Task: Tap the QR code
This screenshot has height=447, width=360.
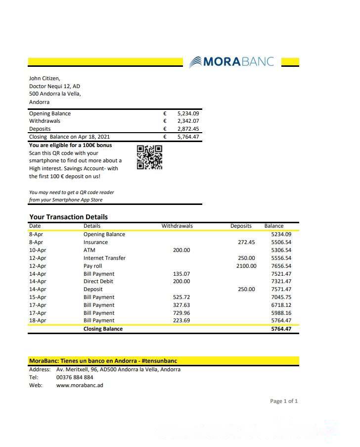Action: [149, 157]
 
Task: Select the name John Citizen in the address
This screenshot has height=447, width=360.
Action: [45, 78]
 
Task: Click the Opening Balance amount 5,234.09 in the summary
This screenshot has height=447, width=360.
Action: [188, 113]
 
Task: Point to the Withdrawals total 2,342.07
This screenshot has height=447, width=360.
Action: [188, 121]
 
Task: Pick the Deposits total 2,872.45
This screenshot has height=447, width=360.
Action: [188, 129]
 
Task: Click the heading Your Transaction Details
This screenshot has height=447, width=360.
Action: [68, 217]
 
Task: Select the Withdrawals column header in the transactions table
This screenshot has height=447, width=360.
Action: [177, 226]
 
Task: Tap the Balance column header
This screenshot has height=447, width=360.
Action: [274, 226]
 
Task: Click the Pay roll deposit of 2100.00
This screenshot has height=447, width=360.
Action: [246, 266]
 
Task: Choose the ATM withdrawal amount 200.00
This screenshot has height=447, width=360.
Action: [181, 250]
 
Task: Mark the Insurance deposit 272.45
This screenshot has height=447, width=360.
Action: [246, 242]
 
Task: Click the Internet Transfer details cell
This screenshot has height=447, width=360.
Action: [104, 258]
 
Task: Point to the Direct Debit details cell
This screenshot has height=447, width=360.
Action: [98, 281]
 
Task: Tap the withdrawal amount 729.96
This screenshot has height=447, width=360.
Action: [181, 313]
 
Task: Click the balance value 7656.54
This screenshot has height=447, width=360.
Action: [281, 266]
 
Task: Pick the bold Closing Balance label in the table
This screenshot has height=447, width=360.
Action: [103, 329]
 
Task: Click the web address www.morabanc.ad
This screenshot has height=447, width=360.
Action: [80, 385]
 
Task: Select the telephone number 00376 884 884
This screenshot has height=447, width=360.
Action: [75, 377]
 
